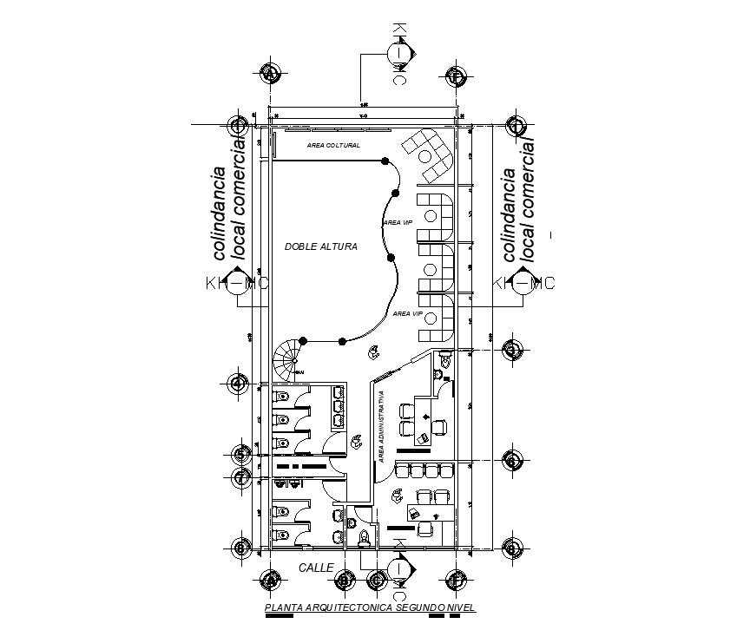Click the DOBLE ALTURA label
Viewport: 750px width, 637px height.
(x=320, y=247)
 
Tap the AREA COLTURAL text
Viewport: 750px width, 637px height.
(x=333, y=146)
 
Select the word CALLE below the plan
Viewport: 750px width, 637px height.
(x=316, y=568)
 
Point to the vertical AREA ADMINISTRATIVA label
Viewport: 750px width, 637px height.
(x=381, y=425)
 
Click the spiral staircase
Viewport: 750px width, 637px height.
(x=287, y=356)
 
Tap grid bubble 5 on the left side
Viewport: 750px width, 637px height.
(x=241, y=454)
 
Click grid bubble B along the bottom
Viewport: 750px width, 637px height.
(x=345, y=580)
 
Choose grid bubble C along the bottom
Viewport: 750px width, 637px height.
(x=377, y=580)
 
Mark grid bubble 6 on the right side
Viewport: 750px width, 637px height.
(x=514, y=461)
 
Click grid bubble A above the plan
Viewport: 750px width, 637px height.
(x=271, y=75)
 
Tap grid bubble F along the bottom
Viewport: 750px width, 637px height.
(x=456, y=580)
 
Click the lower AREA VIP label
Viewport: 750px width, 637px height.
(x=407, y=312)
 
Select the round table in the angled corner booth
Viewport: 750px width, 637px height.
(x=425, y=156)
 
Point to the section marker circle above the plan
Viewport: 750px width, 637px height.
(x=398, y=53)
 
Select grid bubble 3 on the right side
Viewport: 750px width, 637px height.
(x=514, y=350)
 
